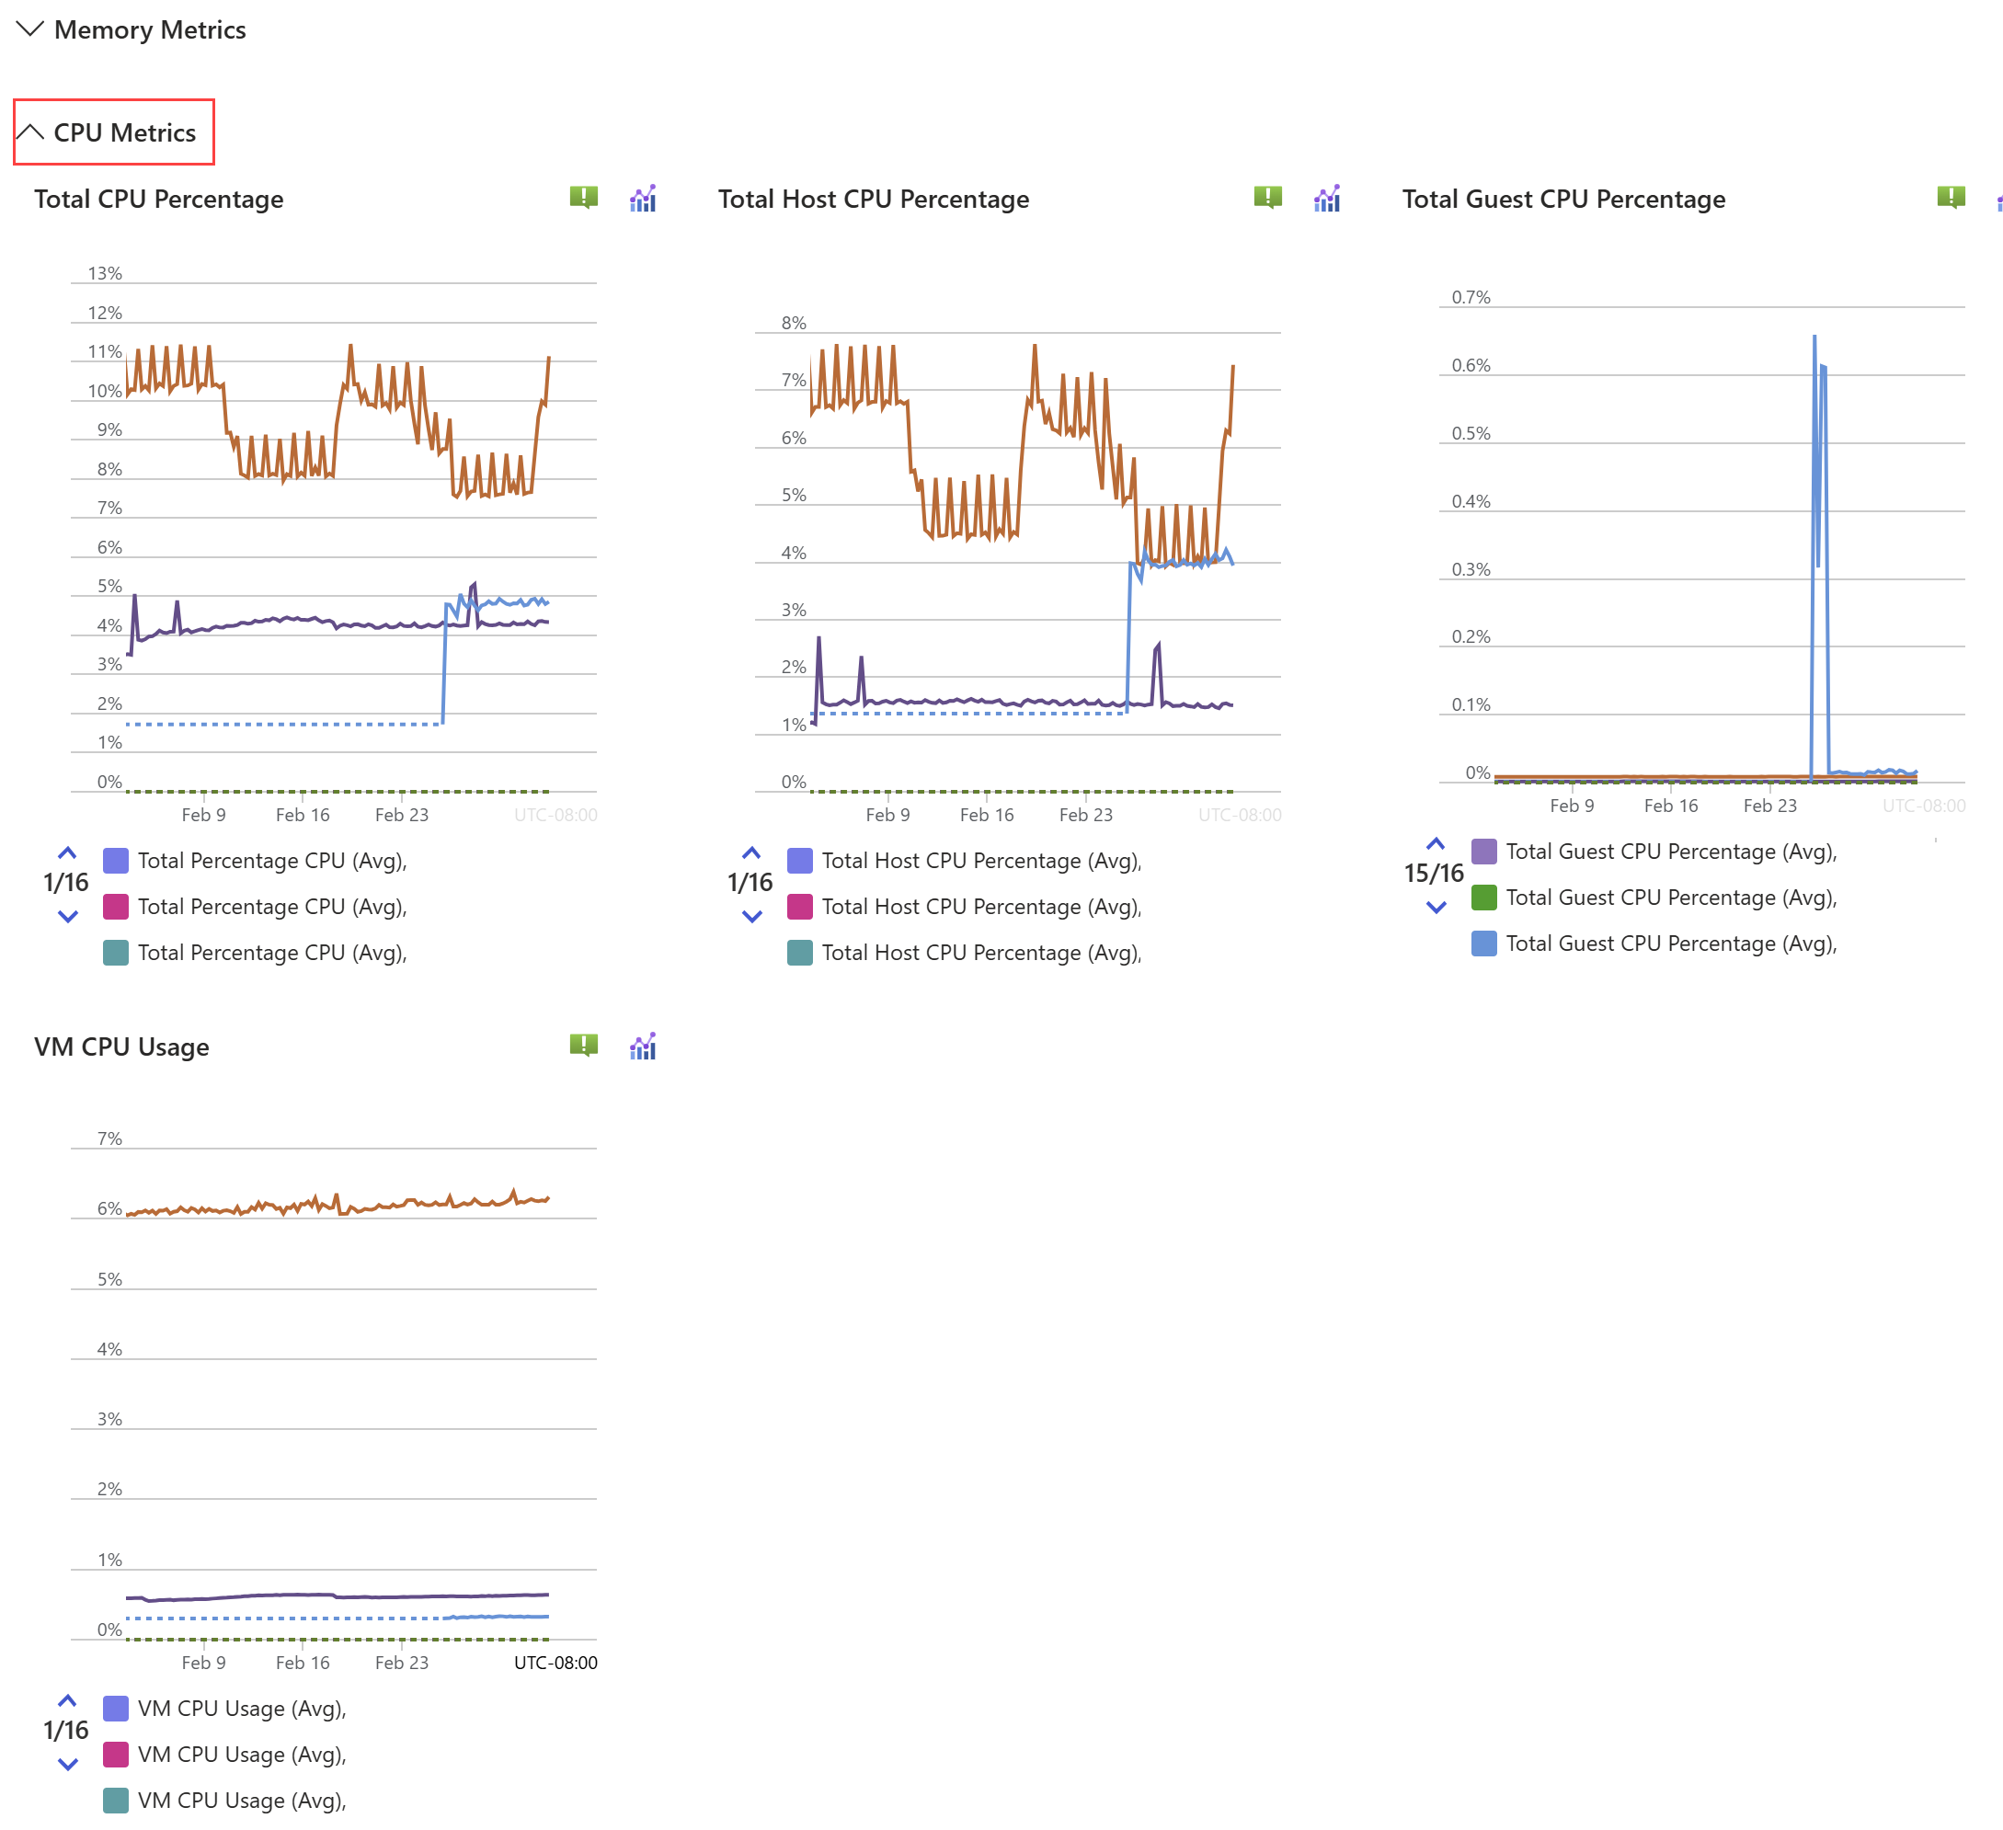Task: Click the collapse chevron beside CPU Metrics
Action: pyautogui.click(x=30, y=132)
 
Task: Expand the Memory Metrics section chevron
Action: pyautogui.click(x=30, y=29)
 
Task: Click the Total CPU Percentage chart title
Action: pyautogui.click(x=159, y=199)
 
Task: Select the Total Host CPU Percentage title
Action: pyautogui.click(x=873, y=199)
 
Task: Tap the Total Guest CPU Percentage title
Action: pyautogui.click(x=1562, y=199)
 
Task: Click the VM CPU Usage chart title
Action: pyautogui.click(x=121, y=1047)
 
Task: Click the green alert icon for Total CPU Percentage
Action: pyautogui.click(x=583, y=197)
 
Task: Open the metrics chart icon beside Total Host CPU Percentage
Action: pyautogui.click(x=1326, y=199)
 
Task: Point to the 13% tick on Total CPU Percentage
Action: pyautogui.click(x=104, y=273)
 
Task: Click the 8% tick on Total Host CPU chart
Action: pyautogui.click(x=793, y=323)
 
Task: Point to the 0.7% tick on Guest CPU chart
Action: pyautogui.click(x=1471, y=297)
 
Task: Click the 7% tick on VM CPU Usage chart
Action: pyautogui.click(x=109, y=1138)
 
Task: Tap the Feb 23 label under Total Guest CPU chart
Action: pyautogui.click(x=1769, y=806)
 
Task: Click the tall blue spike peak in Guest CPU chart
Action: pyautogui.click(x=1814, y=337)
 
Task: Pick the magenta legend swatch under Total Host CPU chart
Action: pyautogui.click(x=799, y=906)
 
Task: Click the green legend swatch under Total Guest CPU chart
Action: pyautogui.click(x=1483, y=898)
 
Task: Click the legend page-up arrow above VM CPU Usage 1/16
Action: pyautogui.click(x=67, y=1701)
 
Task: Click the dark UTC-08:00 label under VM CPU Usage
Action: pyautogui.click(x=555, y=1662)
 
